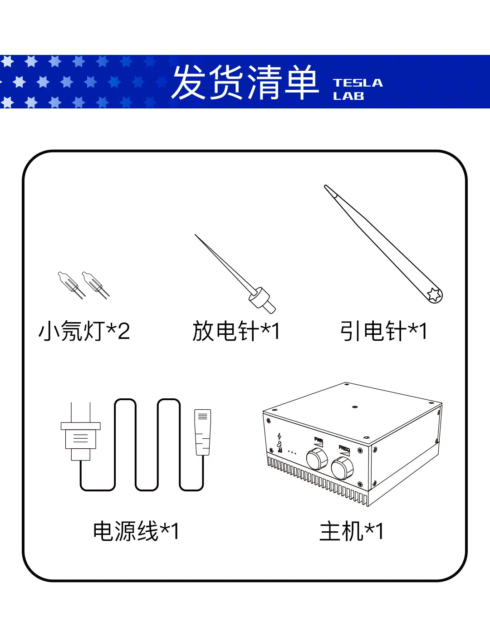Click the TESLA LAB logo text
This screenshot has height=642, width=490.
click(358, 89)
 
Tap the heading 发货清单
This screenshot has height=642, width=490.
click(245, 82)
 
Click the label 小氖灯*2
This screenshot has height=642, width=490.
click(84, 331)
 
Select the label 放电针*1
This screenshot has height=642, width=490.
click(236, 331)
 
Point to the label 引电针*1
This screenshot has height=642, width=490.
click(383, 331)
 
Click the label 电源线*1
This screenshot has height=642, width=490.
click(136, 531)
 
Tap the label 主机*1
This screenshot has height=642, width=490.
click(352, 531)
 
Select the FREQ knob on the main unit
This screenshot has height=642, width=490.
click(342, 468)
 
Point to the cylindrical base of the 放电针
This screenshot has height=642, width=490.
click(262, 301)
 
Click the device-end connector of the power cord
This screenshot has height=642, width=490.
click(203, 432)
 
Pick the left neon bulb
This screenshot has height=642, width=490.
click(71, 285)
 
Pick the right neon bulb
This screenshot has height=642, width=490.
click(95, 285)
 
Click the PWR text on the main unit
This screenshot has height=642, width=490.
click(318, 440)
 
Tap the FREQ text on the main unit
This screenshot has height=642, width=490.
click(344, 448)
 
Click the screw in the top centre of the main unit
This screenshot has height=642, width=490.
click(355, 407)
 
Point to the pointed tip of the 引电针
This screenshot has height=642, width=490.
click(325, 186)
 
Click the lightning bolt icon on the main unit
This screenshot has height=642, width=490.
click(279, 436)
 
